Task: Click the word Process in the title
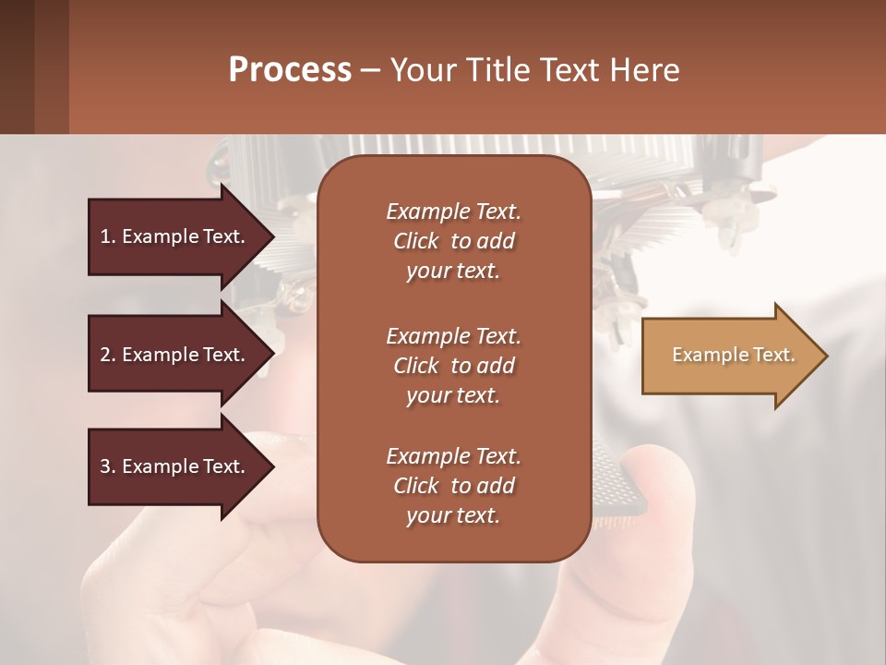click(290, 70)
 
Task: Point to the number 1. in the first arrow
click(108, 236)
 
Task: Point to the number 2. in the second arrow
click(108, 355)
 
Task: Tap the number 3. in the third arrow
click(108, 466)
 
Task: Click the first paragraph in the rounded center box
click(453, 241)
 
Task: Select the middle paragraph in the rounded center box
click(453, 366)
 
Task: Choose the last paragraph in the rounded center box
click(453, 486)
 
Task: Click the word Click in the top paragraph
click(416, 241)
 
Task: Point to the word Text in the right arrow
click(772, 356)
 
